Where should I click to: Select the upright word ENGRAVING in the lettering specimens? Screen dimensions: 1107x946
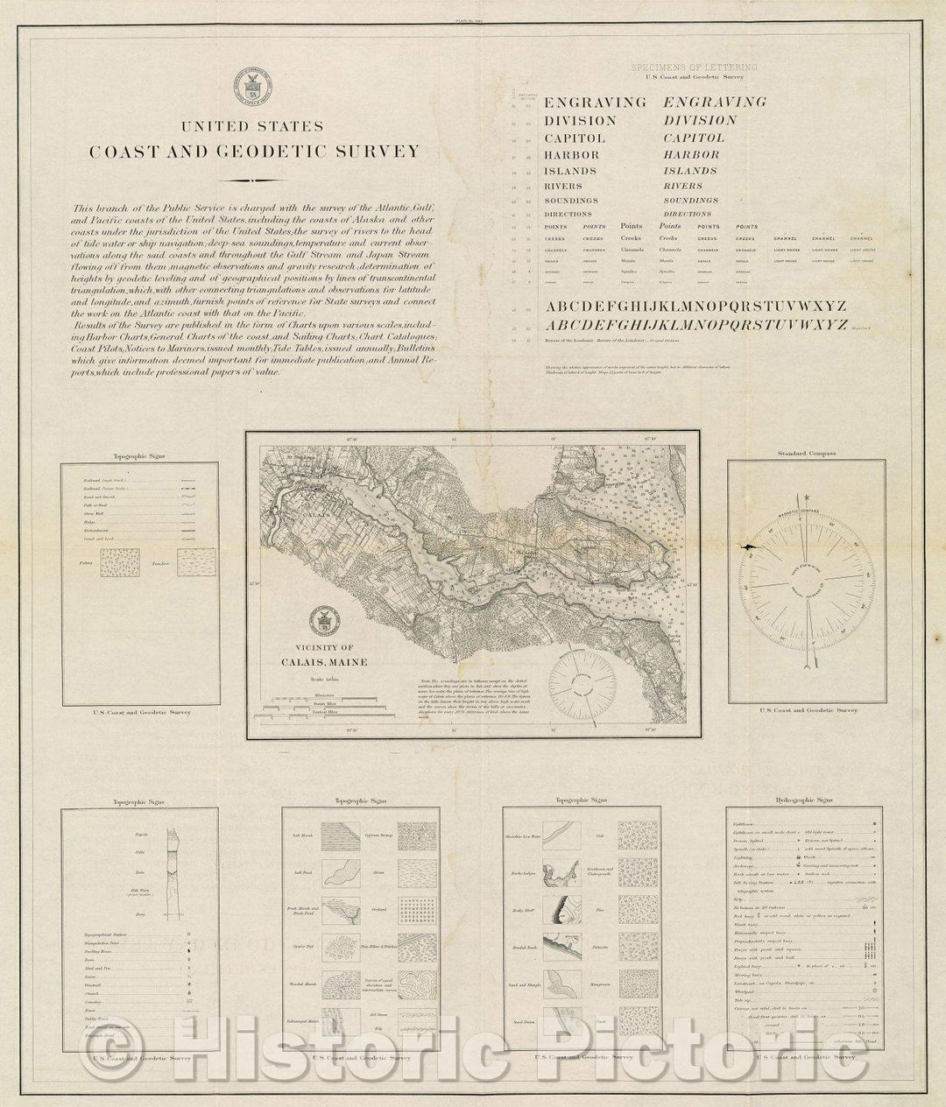[x=595, y=102]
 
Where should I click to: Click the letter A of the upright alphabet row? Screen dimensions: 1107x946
[x=552, y=307]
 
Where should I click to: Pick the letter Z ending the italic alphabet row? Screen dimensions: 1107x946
[x=840, y=325]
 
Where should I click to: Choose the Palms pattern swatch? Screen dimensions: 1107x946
[x=118, y=562]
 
